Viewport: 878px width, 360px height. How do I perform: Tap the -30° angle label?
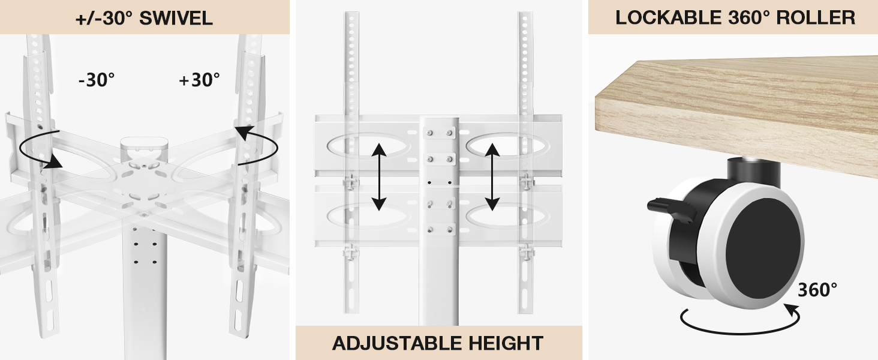(x=96, y=80)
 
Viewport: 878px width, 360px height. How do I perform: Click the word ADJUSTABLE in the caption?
(x=392, y=343)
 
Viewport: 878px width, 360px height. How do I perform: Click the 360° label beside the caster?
(x=817, y=290)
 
